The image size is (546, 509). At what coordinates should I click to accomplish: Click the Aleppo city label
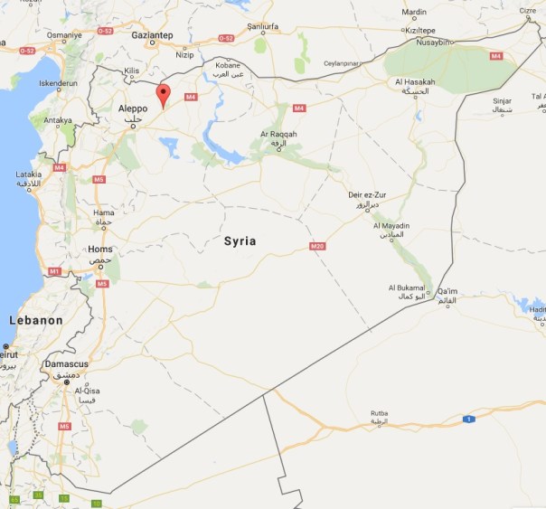[132, 108]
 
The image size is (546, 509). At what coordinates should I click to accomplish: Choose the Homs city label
[99, 249]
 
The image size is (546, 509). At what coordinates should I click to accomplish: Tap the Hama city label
[104, 213]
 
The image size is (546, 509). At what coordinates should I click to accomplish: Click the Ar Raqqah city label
[278, 134]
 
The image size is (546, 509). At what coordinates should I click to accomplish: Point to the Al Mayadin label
[391, 225]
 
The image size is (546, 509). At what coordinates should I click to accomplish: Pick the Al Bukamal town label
[407, 287]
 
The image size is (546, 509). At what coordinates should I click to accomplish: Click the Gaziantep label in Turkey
[151, 33]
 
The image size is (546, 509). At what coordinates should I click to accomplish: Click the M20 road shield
[316, 246]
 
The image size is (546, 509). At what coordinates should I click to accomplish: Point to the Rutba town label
[379, 413]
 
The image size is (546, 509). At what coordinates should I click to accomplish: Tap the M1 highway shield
[54, 271]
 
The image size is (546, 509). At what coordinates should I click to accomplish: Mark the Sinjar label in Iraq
[504, 101]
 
